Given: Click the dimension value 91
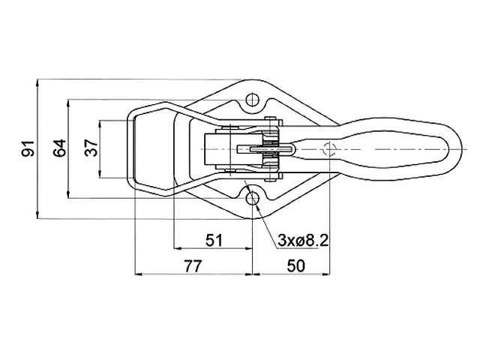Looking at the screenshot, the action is pos(30,148).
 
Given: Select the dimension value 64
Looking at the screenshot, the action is pos(60,148).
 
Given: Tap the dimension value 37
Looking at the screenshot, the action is pos(91,148).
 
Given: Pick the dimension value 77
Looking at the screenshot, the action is pos(193,266).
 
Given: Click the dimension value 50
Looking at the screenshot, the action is pos(295,266).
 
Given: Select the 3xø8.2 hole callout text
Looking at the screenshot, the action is pos(303,241).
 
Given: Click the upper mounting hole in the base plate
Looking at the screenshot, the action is pos(253,99).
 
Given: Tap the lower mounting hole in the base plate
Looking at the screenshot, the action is pos(253,199).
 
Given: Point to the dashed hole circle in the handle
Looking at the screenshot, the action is pos(329,149).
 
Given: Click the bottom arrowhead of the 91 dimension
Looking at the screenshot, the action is pos(37,215).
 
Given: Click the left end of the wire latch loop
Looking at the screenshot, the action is pos(127,149).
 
